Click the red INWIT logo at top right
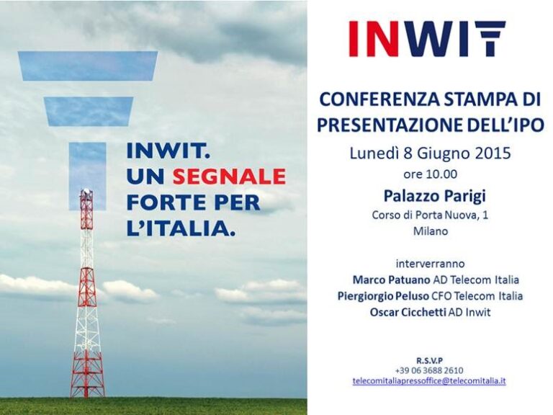[427, 39]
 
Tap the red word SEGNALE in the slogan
[229, 177]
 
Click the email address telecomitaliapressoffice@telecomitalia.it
[429, 381]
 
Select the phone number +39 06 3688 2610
[429, 370]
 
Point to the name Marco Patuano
[392, 280]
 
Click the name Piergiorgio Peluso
[383, 295]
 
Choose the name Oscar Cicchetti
[408, 312]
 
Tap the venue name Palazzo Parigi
[434, 196]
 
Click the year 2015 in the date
[493, 153]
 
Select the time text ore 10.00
[431, 174]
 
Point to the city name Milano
[431, 231]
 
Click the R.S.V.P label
[430, 361]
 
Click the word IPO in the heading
[528, 125]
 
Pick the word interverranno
[431, 264]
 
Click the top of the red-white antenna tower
[86, 191]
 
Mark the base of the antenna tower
[87, 396]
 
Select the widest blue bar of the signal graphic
[88, 66]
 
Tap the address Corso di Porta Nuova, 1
[431, 215]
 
